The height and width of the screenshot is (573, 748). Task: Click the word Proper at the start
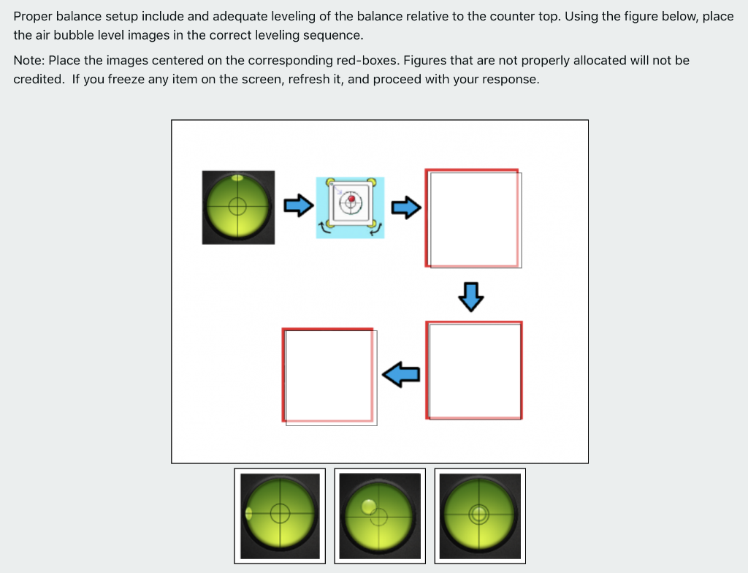coord(32,16)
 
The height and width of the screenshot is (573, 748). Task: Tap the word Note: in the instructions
coord(29,60)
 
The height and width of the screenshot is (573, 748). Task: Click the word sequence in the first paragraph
coord(335,35)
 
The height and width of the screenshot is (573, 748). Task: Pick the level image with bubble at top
coord(238,208)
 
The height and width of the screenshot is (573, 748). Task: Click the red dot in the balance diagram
coord(351,199)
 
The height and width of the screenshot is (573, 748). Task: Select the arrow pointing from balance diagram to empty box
coord(406,208)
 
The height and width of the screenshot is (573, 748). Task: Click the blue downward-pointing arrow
coord(471,296)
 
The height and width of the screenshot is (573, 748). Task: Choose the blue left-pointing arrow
coord(401,374)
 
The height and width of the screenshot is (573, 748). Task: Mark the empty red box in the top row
coord(473,219)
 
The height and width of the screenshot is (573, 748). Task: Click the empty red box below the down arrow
coord(474,371)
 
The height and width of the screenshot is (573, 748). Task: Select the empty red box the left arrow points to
coord(329,376)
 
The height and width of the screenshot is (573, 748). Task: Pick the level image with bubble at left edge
coord(280,515)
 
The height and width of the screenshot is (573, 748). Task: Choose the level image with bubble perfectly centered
coord(480,515)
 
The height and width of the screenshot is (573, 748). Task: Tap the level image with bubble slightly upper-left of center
coord(380,515)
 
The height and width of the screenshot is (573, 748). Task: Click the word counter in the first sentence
coord(516,16)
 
